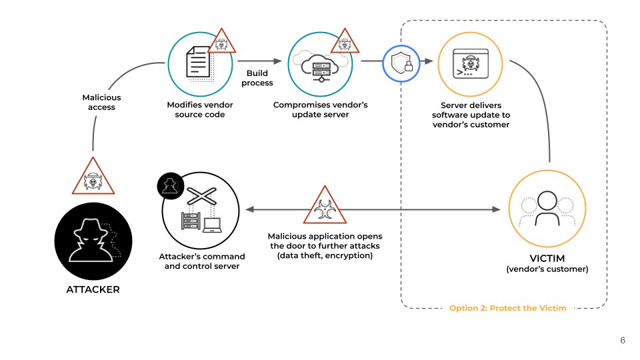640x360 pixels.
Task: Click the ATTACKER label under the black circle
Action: pos(93,290)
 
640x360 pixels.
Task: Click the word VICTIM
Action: pos(547,259)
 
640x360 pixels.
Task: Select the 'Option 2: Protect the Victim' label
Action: pos(507,309)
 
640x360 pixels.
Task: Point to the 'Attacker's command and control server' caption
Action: pos(202,261)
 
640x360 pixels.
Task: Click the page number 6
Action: pos(622,341)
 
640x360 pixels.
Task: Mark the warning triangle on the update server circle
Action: pos(343,42)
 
